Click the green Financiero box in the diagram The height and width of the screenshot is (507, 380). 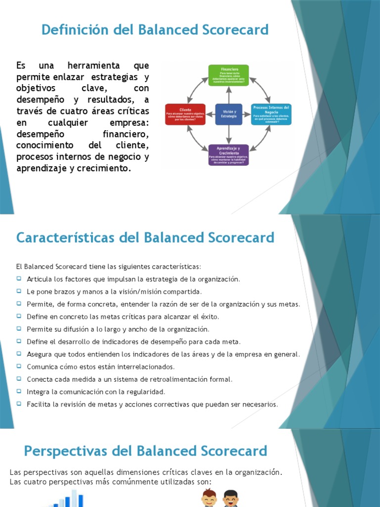[x=228, y=75]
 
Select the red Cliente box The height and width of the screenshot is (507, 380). [x=185, y=114]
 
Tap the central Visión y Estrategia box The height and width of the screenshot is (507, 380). [x=228, y=114]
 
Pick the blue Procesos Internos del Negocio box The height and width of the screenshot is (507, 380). [x=272, y=114]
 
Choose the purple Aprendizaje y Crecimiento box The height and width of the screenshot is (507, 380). [x=228, y=155]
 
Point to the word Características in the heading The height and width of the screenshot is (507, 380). [x=65, y=238]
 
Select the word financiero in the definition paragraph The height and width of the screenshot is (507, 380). [x=126, y=134]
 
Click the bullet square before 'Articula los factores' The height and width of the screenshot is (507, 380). [x=19, y=279]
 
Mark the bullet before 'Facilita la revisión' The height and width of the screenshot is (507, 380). [x=19, y=404]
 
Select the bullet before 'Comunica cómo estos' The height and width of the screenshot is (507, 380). [x=19, y=366]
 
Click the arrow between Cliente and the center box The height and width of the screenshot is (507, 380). [x=209, y=114]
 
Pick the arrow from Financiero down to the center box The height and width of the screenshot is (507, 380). [x=228, y=95]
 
